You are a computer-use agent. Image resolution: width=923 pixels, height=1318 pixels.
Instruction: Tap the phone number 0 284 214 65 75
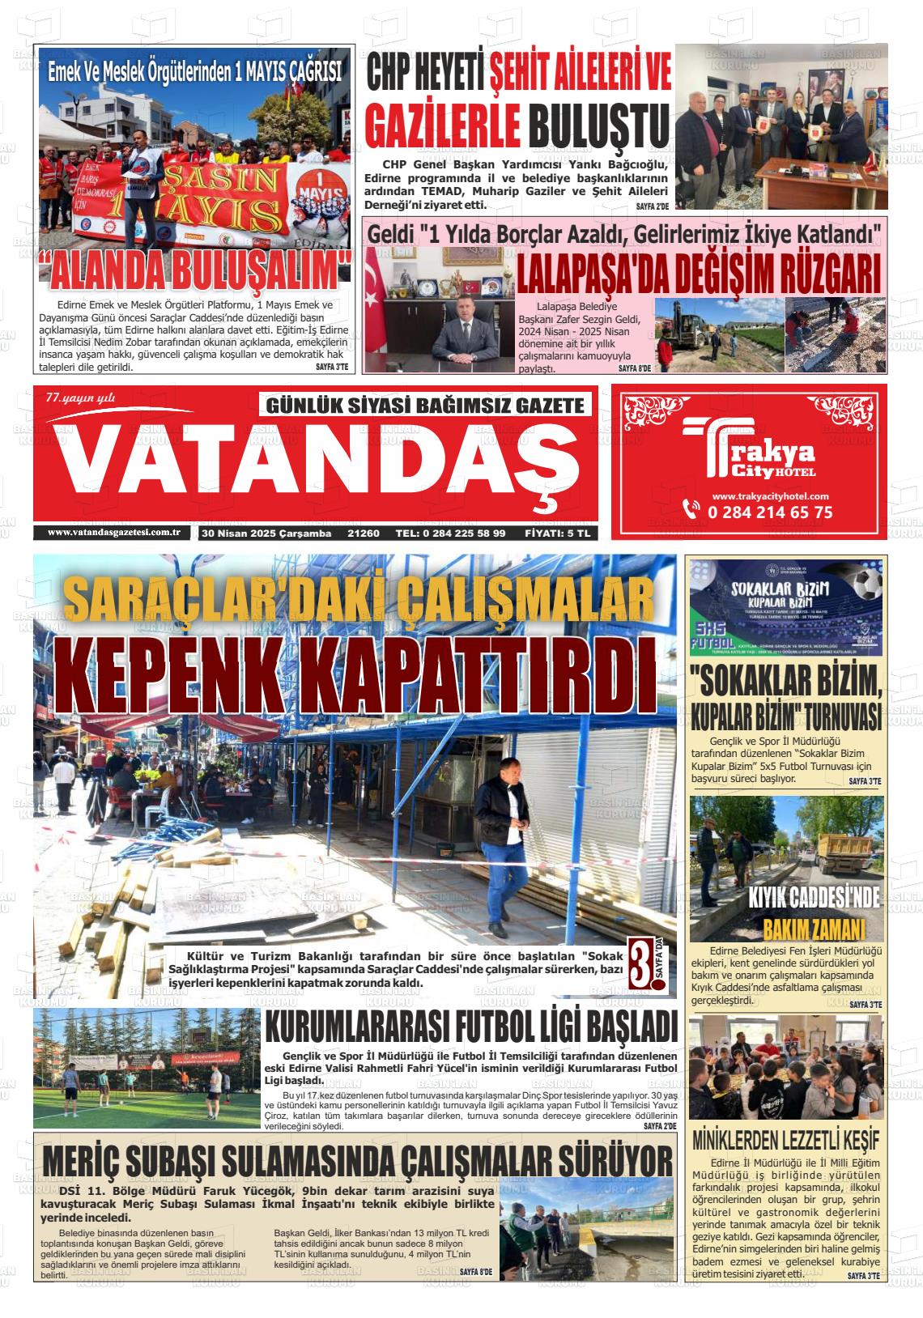click(x=769, y=512)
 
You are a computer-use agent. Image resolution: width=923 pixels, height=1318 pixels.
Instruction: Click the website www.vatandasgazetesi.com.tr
click(x=113, y=533)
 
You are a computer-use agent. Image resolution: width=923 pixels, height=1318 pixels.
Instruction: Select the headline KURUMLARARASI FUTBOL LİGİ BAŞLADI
click(x=470, y=1028)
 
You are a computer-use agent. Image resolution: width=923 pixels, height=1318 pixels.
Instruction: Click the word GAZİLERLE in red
click(x=442, y=125)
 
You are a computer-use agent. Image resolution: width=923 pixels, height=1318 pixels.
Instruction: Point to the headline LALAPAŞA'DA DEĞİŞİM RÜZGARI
click(x=698, y=274)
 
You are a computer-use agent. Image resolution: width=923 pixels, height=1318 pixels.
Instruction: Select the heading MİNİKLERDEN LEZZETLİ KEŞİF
click(x=785, y=1140)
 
